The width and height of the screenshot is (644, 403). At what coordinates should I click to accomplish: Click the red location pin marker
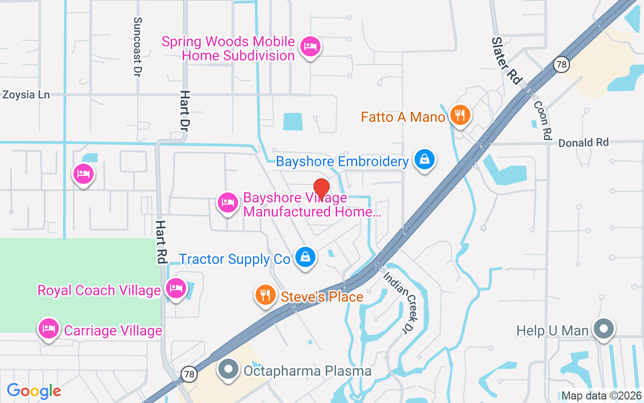[x=321, y=189]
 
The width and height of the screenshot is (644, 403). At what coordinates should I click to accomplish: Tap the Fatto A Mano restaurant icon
[x=460, y=115]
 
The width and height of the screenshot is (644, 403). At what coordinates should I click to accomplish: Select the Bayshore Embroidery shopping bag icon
[x=425, y=160]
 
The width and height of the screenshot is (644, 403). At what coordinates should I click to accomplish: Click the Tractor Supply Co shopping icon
[x=305, y=257]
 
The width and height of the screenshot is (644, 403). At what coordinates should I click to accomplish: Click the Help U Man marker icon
[x=604, y=329]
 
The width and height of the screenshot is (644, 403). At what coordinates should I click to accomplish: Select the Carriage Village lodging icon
[x=48, y=328]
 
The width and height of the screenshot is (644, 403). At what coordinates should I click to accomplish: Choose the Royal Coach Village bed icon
[x=176, y=289]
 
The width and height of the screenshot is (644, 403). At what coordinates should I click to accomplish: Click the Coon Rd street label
[x=541, y=119]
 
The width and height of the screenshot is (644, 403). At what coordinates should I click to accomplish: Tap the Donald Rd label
[x=584, y=143]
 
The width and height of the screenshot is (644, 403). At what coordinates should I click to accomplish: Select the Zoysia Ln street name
[x=26, y=94]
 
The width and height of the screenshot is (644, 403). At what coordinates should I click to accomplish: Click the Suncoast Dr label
[x=137, y=47]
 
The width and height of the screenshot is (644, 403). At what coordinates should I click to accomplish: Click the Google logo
[x=34, y=390]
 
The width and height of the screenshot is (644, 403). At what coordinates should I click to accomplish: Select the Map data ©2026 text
[x=601, y=396]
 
